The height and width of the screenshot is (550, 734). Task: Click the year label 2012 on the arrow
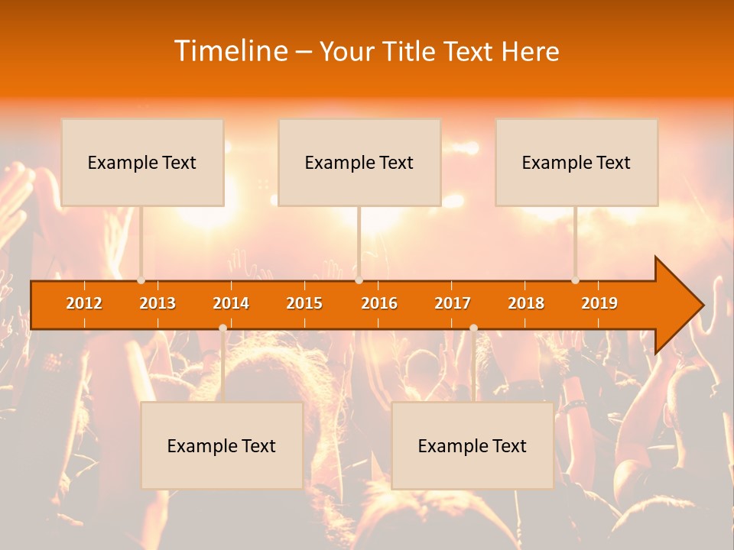(84, 303)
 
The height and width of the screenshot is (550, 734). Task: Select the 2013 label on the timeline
(158, 303)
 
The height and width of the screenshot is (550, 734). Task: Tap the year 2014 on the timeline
(231, 303)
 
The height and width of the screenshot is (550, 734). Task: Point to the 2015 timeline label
(304, 303)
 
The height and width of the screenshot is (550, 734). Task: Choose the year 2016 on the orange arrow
(379, 303)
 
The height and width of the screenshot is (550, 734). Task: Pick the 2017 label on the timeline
(453, 303)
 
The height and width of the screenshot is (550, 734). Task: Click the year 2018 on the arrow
(526, 303)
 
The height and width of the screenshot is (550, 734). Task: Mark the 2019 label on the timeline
(599, 303)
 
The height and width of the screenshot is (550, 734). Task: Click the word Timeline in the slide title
(229, 51)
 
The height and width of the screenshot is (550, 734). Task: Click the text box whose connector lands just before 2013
(142, 162)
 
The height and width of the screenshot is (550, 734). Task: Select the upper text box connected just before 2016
(359, 162)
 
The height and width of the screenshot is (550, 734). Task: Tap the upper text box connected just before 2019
(576, 162)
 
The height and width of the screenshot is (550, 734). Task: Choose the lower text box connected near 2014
(222, 445)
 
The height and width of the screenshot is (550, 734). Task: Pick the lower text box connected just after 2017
(473, 445)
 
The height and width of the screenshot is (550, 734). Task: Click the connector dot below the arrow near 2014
(222, 328)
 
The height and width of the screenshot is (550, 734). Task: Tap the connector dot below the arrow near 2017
(473, 328)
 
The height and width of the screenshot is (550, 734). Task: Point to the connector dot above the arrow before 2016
(359, 280)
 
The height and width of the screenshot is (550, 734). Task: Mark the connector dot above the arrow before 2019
(576, 280)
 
